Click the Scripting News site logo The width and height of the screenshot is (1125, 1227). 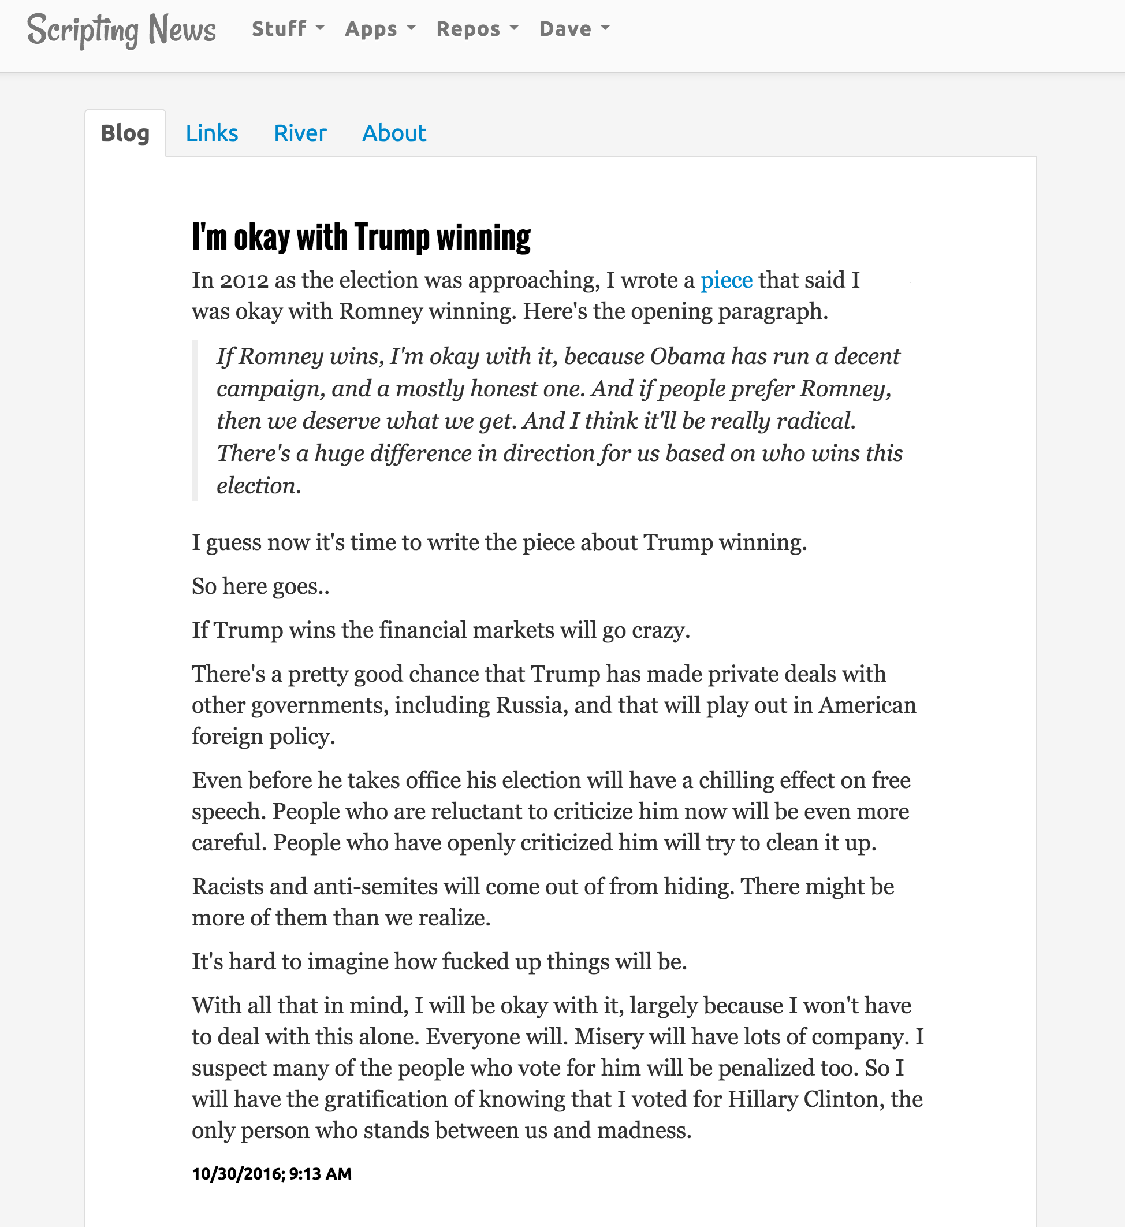[x=121, y=30]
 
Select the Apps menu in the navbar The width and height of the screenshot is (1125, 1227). [x=380, y=29]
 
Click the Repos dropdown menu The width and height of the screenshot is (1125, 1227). [x=476, y=29]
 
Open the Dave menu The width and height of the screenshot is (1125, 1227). [x=573, y=29]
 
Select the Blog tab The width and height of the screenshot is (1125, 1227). [x=125, y=133]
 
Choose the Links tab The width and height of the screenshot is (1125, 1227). [x=211, y=133]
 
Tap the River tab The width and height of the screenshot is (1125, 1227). [x=300, y=133]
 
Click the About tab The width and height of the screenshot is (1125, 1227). [x=394, y=133]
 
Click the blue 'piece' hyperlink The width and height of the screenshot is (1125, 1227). [x=726, y=280]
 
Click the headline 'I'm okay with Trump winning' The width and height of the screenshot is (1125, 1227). [x=361, y=237]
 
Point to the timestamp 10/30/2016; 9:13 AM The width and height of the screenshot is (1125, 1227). [x=271, y=1173]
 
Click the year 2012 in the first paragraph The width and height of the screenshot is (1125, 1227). [x=244, y=280]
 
